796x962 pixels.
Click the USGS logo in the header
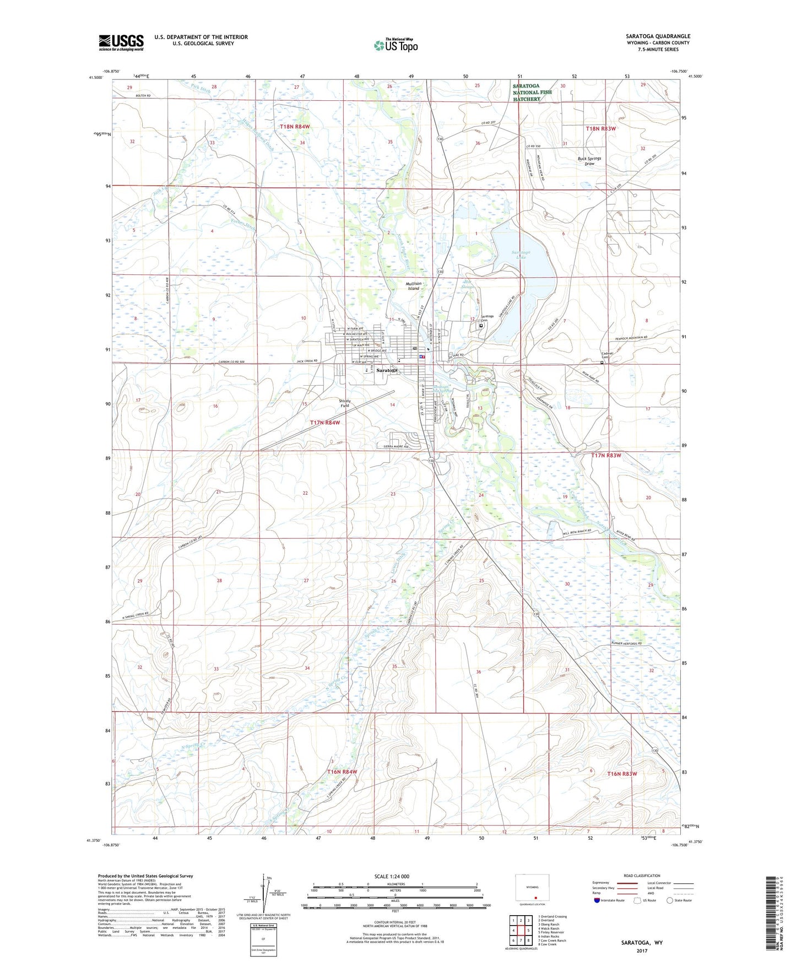tap(121, 42)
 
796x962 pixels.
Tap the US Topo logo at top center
tap(395, 45)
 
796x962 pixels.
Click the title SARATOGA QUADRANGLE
tap(658, 36)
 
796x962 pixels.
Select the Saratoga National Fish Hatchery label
tap(532, 93)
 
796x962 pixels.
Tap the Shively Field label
tap(345, 403)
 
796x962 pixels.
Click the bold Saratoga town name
tap(387, 371)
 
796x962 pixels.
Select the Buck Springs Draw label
tap(589, 161)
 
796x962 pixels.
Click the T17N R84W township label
tap(325, 423)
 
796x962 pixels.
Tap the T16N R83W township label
tap(622, 774)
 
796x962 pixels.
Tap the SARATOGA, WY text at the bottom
tap(642, 943)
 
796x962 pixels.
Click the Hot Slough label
tap(468, 284)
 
